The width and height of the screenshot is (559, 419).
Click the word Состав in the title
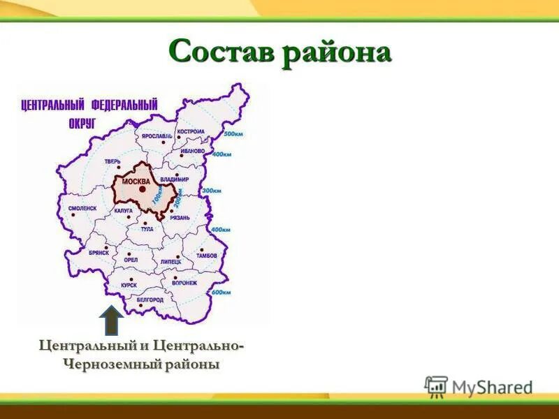pos(222,52)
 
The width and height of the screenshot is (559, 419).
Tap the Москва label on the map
pos(136,182)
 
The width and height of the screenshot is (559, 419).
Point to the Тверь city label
pos(112,161)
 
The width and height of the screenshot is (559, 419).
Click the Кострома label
pos(191,131)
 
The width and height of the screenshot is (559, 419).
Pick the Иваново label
pos(192,151)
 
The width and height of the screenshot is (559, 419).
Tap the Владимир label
pos(174,179)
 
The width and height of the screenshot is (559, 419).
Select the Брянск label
pos(99,253)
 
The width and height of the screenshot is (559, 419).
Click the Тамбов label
pos(206,256)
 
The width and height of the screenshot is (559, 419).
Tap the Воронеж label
pos(184,283)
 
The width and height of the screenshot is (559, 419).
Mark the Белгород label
pos(150,300)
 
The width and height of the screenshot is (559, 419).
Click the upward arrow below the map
pos(111,320)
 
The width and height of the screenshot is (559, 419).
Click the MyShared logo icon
pos(436,386)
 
